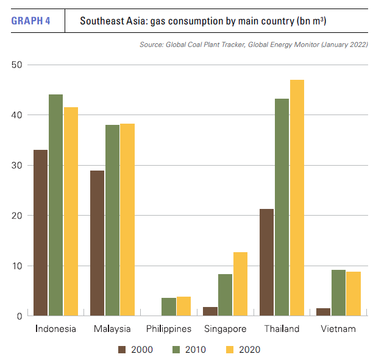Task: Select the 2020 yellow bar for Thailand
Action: tap(297, 198)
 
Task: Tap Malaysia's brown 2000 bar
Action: tap(98, 244)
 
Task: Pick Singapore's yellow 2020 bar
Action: tap(240, 284)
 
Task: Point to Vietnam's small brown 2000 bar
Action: tap(323, 312)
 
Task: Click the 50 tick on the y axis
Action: tap(16, 65)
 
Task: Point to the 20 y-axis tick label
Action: tap(16, 216)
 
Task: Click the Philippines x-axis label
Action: tap(169, 330)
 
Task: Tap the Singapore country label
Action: tap(225, 330)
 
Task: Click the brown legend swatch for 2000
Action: tap(121, 350)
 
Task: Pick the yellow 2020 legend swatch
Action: tap(230, 350)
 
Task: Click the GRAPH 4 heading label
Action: tap(31, 21)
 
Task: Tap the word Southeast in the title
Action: tap(102, 21)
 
